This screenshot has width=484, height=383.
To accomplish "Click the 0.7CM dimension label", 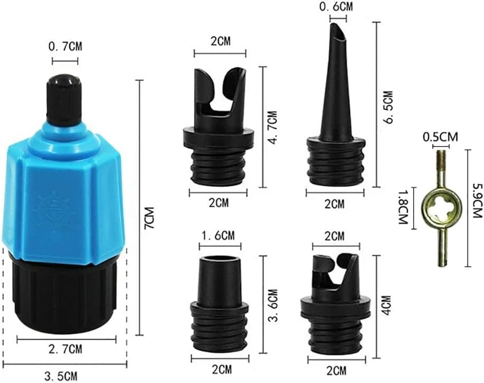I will [x=65, y=47].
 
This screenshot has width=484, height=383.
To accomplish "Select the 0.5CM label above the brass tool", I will [x=440, y=136].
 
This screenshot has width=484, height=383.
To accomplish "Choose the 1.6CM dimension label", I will [x=218, y=236].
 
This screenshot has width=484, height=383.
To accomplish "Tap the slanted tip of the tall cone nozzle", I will [x=338, y=33].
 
